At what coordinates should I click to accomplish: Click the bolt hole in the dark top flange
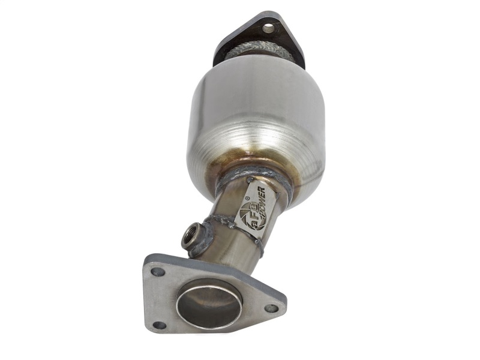tap(268, 27)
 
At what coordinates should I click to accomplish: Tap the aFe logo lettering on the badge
tap(247, 216)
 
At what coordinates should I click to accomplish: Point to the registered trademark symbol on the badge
tap(247, 188)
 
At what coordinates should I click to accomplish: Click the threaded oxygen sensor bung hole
tap(190, 234)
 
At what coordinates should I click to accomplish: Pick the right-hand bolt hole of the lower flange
tap(271, 308)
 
